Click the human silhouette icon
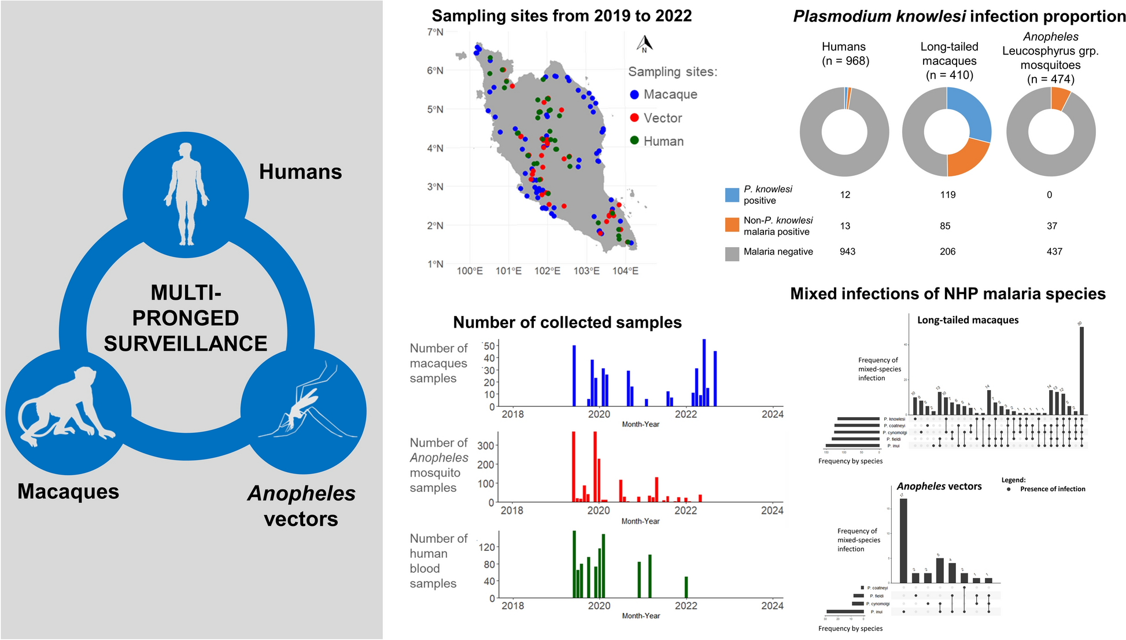point(185,194)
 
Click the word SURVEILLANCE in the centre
point(185,344)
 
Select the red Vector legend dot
point(634,118)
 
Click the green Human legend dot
point(634,141)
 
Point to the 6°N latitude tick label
point(435,71)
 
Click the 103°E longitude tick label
point(586,271)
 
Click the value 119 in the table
point(947,195)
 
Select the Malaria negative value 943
point(847,252)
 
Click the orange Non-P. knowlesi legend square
point(732,225)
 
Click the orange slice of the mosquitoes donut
point(1060,98)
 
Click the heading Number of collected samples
point(567,322)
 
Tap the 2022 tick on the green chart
point(686,606)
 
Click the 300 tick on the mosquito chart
point(485,446)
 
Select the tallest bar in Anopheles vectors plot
point(903,540)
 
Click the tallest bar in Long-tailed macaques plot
point(1081,370)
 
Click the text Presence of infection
point(1052,489)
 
